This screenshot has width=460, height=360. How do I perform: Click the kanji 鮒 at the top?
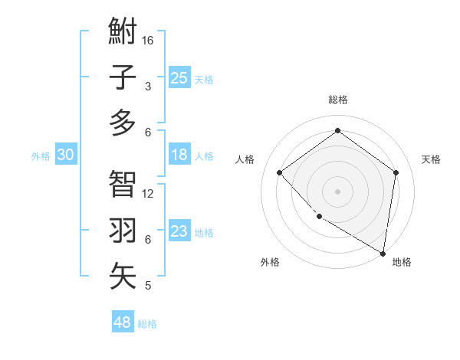click(x=123, y=31)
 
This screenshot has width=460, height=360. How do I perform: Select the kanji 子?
click(x=123, y=77)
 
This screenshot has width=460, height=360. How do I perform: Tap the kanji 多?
click(x=123, y=123)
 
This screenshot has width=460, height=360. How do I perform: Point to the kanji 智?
click(x=123, y=184)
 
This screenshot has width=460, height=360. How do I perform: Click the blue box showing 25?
click(x=179, y=77)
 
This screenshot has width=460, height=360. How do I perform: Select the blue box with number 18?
click(x=179, y=155)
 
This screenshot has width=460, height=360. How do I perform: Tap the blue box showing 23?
click(x=179, y=231)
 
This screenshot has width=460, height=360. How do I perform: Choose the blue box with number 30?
click(x=66, y=155)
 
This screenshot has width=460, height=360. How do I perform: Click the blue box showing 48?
click(x=123, y=322)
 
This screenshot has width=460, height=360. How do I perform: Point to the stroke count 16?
click(x=149, y=40)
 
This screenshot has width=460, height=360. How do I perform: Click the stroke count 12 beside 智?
click(x=149, y=193)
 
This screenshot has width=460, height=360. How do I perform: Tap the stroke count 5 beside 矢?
click(x=148, y=286)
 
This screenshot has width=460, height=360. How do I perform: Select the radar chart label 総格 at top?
click(x=338, y=100)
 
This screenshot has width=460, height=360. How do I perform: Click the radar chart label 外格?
click(x=270, y=262)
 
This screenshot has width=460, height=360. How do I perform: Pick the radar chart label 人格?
click(x=245, y=159)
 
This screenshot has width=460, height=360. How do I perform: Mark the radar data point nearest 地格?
click(x=383, y=253)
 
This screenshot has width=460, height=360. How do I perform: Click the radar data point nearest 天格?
click(x=396, y=173)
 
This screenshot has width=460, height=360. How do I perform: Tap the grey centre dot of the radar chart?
click(x=337, y=191)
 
